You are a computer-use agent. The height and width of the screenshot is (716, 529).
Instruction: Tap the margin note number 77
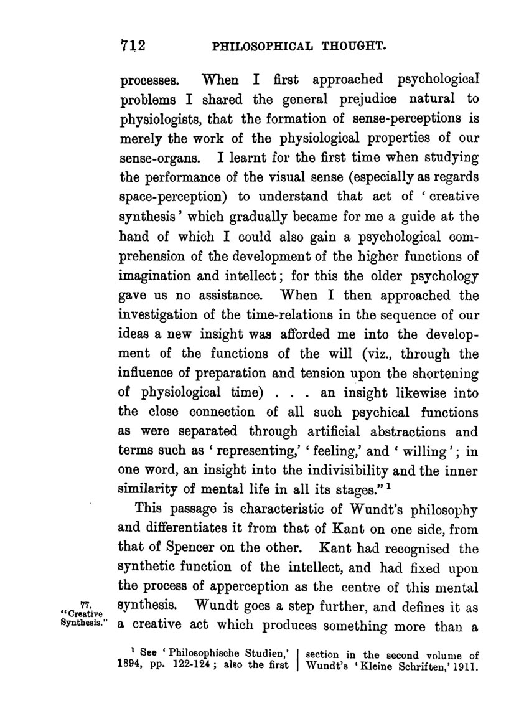pos(86,601)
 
